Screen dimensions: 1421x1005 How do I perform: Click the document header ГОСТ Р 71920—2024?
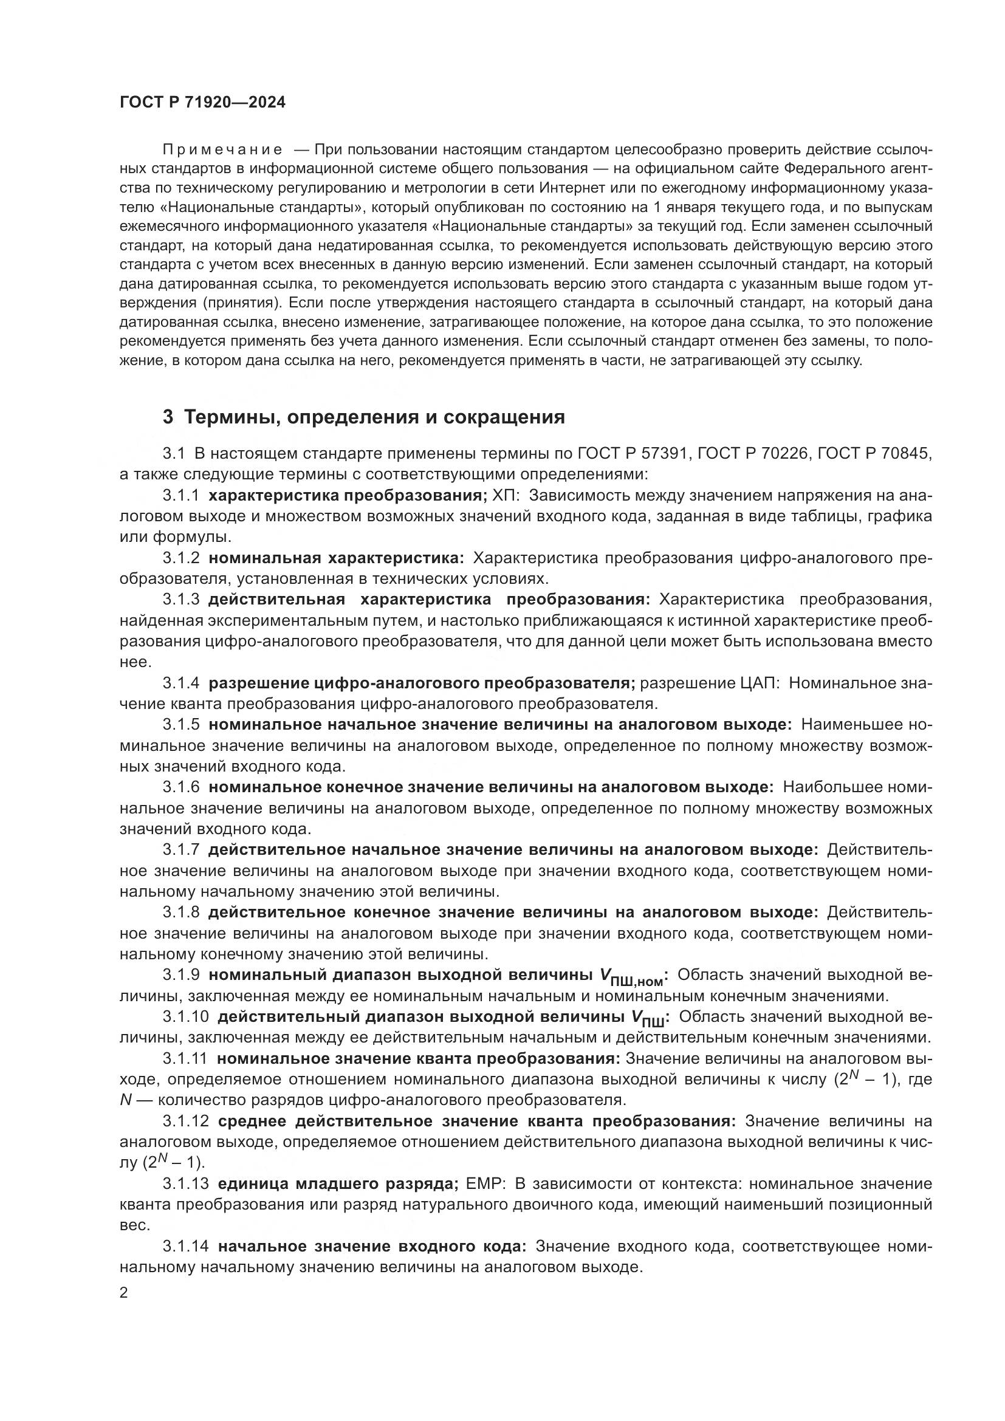(x=202, y=103)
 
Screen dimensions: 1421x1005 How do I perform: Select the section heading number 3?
(x=168, y=417)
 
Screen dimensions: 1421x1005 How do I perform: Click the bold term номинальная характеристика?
(x=336, y=558)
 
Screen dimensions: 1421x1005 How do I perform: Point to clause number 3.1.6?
(x=181, y=787)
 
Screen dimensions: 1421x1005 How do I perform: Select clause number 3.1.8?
(x=181, y=912)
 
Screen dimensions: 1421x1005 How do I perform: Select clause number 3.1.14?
(x=186, y=1246)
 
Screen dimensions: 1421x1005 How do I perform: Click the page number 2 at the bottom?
(x=124, y=1293)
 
